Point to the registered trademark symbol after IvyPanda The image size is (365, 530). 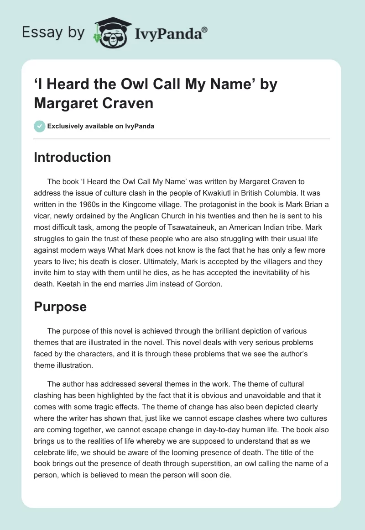pyautogui.click(x=205, y=29)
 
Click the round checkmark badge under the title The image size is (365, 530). pyautogui.click(x=40, y=126)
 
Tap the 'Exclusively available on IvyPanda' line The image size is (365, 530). pyautogui.click(x=100, y=126)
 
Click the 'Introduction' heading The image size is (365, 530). pyautogui.click(x=73, y=157)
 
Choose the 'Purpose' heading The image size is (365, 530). pyautogui.click(x=60, y=307)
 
